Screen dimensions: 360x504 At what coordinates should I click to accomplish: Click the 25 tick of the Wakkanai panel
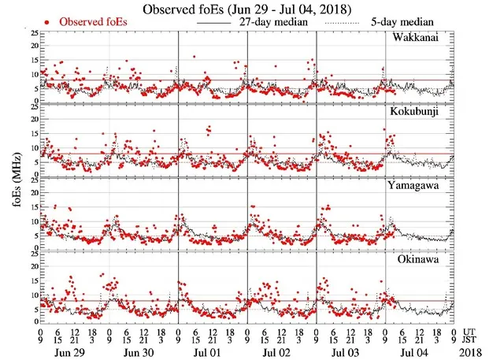point(32,34)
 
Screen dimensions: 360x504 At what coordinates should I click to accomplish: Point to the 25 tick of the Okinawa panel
point(32,253)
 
